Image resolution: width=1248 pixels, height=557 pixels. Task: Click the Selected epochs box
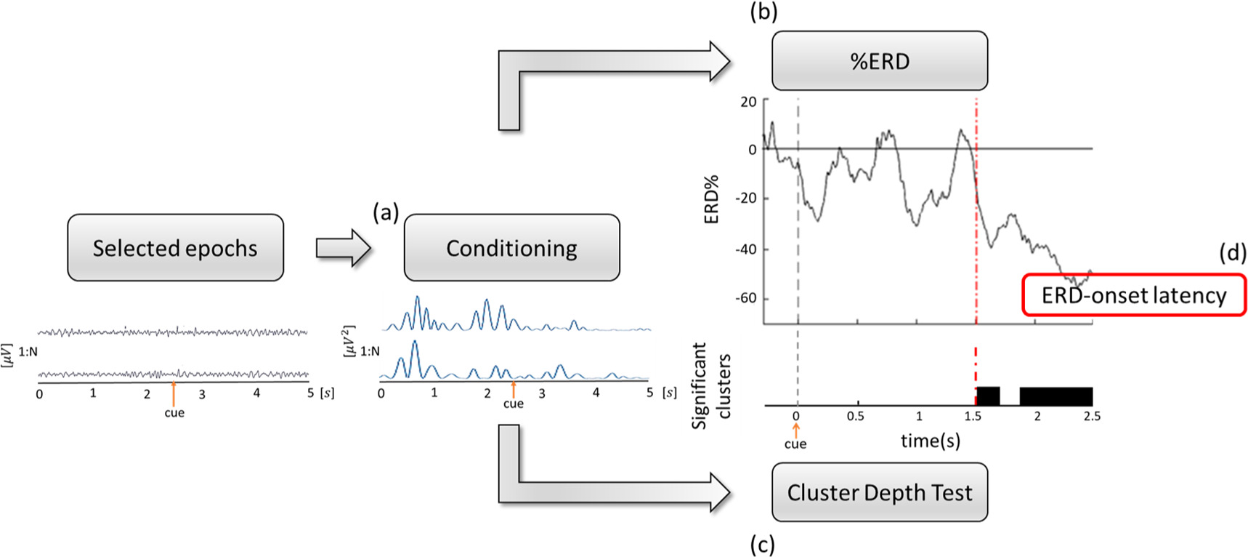click(x=175, y=248)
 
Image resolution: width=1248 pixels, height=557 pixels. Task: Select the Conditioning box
click(x=511, y=248)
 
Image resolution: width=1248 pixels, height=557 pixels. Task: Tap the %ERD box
click(x=879, y=61)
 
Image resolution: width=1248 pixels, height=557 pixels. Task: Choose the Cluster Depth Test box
click(x=879, y=492)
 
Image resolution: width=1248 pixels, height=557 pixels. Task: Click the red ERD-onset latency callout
click(x=1133, y=295)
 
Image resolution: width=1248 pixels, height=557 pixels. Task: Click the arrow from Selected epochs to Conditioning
click(x=343, y=248)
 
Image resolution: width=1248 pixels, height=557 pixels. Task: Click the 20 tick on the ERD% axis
click(x=748, y=102)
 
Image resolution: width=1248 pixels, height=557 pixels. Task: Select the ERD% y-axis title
click(x=711, y=199)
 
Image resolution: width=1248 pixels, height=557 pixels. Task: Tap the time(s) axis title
click(x=931, y=440)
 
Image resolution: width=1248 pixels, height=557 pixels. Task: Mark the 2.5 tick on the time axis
click(x=1092, y=417)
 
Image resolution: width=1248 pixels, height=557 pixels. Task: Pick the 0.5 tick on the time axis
click(x=856, y=417)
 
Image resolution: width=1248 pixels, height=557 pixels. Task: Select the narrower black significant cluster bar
click(x=988, y=396)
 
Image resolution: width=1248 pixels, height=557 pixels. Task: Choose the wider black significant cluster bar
click(x=1056, y=396)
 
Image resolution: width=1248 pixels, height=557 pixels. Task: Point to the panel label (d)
click(x=1233, y=253)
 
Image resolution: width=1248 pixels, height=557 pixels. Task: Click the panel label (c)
click(x=762, y=545)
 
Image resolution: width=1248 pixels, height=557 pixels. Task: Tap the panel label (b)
click(x=763, y=12)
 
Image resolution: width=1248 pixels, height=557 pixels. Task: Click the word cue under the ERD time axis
click(x=795, y=444)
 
